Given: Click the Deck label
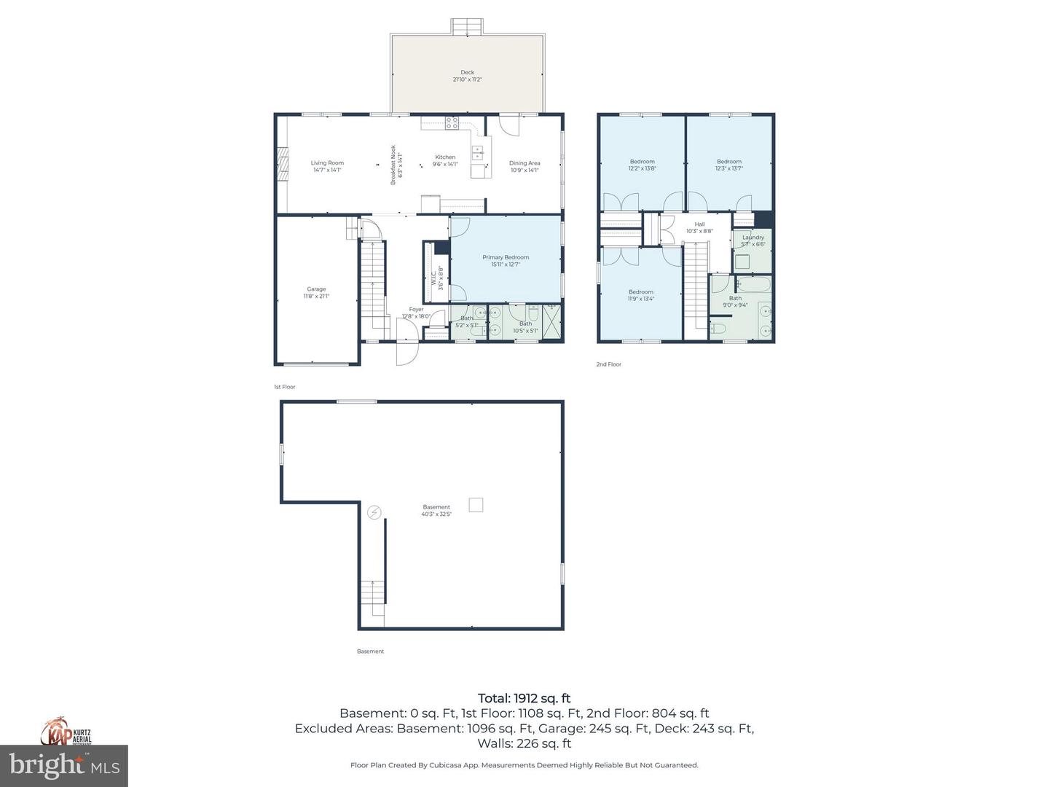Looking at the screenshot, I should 467,76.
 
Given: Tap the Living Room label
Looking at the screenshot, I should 327,166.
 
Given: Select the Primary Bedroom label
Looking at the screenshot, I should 506,260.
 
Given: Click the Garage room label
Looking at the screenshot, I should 316,292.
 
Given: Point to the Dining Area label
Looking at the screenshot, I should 524,166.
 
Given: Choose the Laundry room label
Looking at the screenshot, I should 753,240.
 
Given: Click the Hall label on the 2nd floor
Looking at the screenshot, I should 699,227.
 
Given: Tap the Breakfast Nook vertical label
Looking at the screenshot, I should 396,165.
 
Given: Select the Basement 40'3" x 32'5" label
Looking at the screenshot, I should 436,510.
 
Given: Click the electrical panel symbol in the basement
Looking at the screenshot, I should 374,512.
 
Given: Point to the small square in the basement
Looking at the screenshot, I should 476,504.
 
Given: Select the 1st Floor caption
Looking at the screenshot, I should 285,387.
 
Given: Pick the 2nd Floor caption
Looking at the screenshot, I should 608,364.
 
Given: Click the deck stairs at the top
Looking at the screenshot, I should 467,27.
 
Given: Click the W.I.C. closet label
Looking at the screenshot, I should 437,278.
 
